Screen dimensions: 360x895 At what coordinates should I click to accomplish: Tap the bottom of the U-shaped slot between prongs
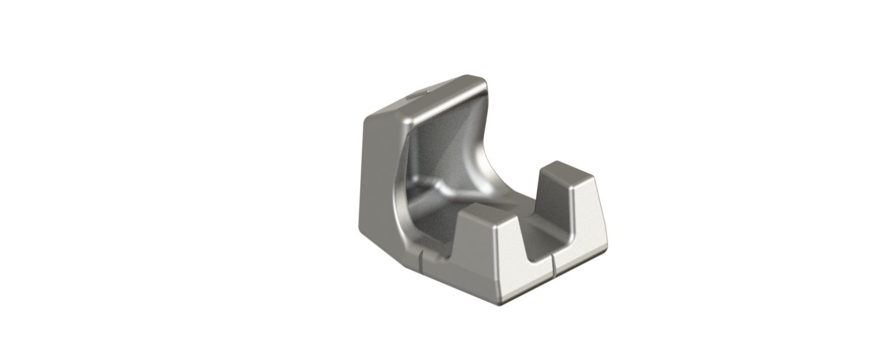coord(539,257)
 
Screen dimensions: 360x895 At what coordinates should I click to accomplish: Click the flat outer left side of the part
coord(379,175)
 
